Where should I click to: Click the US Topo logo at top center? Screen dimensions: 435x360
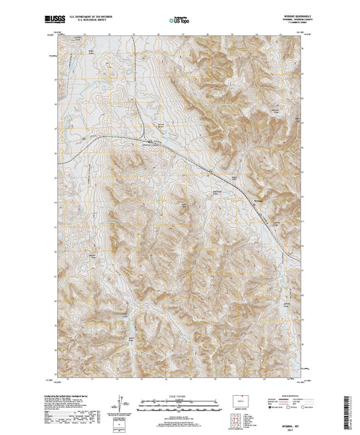(180, 14)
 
